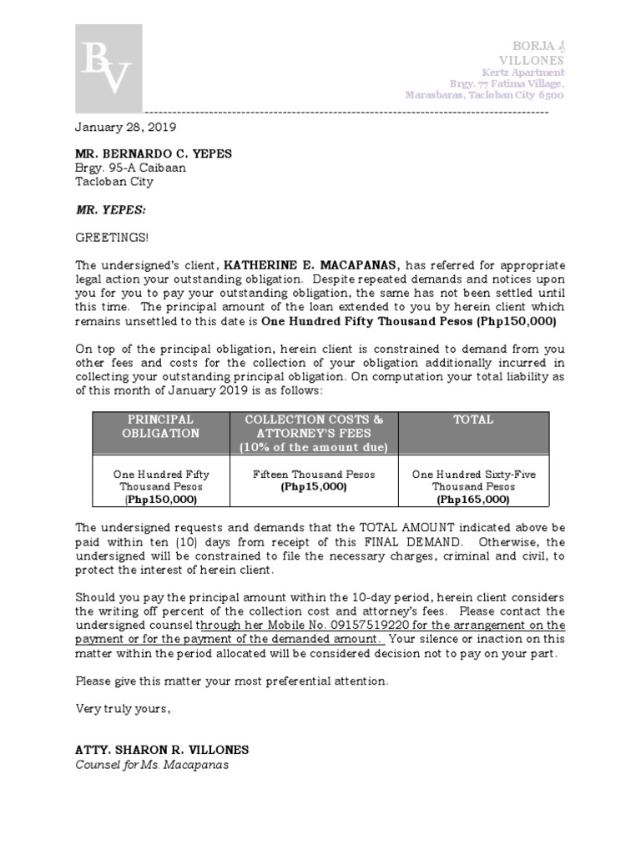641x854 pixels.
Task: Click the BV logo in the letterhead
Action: pos(109,68)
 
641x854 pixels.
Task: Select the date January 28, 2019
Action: pos(125,127)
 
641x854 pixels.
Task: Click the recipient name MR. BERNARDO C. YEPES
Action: pos(154,153)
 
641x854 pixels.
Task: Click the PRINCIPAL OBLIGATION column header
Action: pos(159,426)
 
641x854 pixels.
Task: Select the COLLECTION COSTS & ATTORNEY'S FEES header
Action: pos(314,433)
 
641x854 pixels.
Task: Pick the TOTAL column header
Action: pos(472,419)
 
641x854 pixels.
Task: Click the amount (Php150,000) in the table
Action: pos(160,499)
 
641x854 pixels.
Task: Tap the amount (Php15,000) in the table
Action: pos(314,486)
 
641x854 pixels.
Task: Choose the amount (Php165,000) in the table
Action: pos(473,499)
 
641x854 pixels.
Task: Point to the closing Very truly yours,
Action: pos(123,708)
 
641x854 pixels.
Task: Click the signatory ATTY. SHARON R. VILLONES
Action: pos(162,750)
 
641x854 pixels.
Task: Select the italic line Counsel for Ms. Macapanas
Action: pos(152,765)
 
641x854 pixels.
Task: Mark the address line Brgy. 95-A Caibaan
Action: pos(131,168)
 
